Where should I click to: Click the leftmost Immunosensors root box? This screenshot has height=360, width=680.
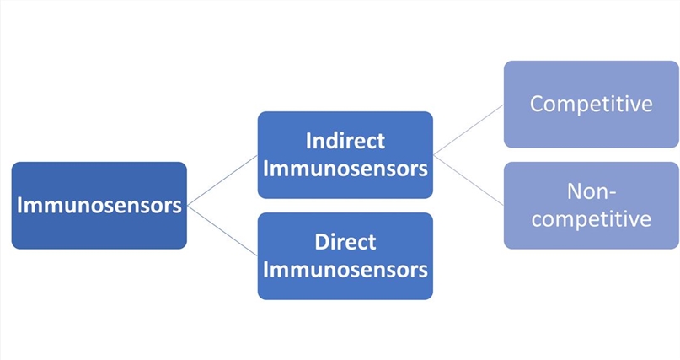point(99,205)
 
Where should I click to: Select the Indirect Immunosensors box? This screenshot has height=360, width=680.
point(345,154)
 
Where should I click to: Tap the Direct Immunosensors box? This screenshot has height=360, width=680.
point(345,255)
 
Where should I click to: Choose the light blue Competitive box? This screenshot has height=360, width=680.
point(591,104)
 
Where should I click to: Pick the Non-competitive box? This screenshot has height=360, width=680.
point(591,205)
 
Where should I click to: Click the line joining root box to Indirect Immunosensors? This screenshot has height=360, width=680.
point(222,180)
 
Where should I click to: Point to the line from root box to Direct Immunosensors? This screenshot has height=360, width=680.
point(222,230)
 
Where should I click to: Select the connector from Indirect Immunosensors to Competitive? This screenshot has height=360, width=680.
point(469,129)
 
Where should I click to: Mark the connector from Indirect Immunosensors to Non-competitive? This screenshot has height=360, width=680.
point(469,180)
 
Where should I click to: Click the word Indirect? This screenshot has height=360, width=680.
point(345,140)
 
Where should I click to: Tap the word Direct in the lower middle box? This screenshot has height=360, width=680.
point(345,242)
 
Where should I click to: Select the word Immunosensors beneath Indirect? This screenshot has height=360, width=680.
point(345,169)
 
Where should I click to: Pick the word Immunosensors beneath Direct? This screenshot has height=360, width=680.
point(345,271)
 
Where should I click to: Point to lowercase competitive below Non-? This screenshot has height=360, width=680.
point(591,219)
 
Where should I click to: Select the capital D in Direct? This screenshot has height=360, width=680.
point(321,242)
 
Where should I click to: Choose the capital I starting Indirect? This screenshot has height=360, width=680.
point(308,140)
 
